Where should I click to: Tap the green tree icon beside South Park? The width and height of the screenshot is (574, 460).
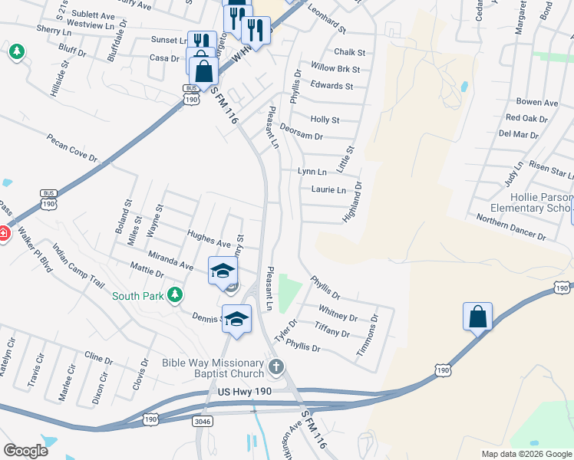click(x=175, y=294)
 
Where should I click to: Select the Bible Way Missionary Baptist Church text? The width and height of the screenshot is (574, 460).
click(x=211, y=368)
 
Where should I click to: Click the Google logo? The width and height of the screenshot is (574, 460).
click(x=25, y=451)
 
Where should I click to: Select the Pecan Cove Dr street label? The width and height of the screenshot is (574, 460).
click(x=72, y=149)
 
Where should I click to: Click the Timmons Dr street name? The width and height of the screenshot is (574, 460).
click(x=368, y=335)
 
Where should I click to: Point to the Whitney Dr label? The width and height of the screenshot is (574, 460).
click(x=338, y=315)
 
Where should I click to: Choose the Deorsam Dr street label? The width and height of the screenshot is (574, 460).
click(x=301, y=131)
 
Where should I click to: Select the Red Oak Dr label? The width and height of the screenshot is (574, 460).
click(x=526, y=118)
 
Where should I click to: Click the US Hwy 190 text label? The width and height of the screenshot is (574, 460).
click(x=246, y=393)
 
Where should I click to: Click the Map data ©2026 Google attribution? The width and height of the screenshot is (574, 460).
click(x=526, y=454)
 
